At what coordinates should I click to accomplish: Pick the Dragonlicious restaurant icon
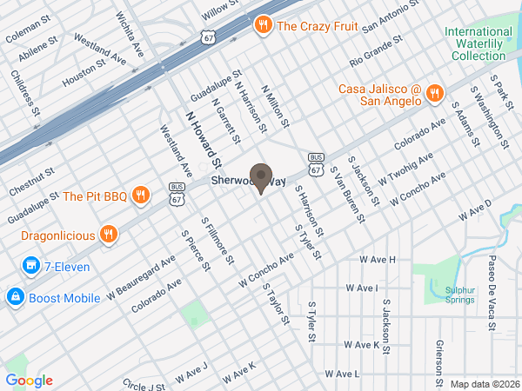click(109, 233)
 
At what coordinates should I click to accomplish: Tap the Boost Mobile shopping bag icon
click(14, 297)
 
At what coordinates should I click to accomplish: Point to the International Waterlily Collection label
click(475, 43)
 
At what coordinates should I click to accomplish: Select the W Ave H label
click(378, 259)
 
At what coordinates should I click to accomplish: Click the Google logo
click(29, 381)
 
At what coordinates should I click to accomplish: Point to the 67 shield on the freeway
click(206, 38)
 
